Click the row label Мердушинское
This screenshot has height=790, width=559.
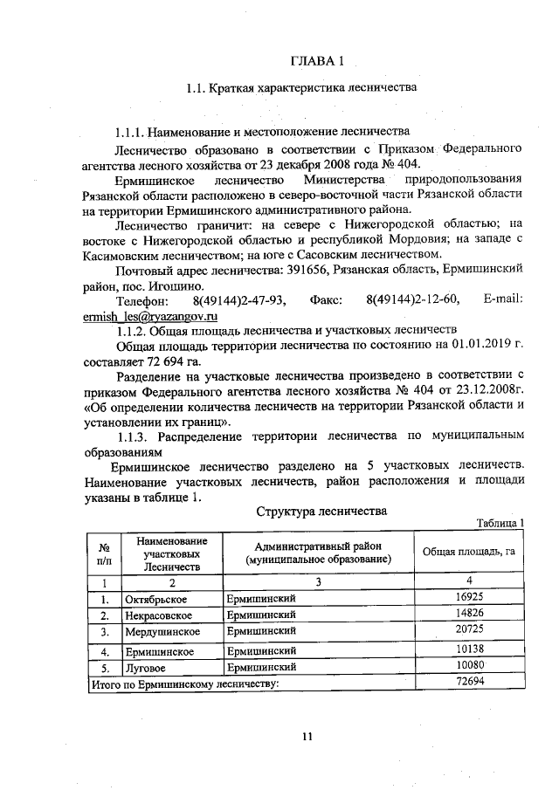pos(162,631)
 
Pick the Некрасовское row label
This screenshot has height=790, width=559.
pos(160,615)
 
